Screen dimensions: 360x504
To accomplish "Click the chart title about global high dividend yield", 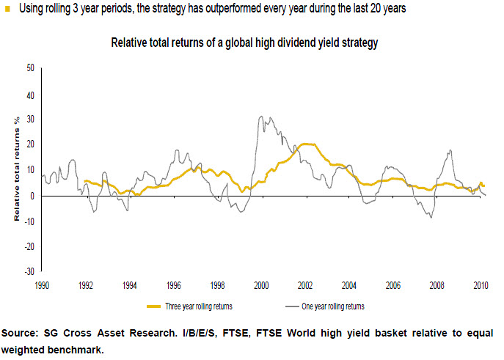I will click(244, 43).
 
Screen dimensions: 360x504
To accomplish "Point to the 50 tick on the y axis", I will click(30, 67).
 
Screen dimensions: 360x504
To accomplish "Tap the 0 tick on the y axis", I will click(32, 196).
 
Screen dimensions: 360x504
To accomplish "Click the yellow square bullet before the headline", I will click(7, 8).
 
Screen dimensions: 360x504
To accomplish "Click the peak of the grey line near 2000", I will click(262, 117).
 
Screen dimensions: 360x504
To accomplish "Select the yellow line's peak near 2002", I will click(308, 144).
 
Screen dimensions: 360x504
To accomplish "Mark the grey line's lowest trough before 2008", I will click(431, 218).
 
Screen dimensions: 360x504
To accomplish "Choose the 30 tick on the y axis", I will click(30, 120).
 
